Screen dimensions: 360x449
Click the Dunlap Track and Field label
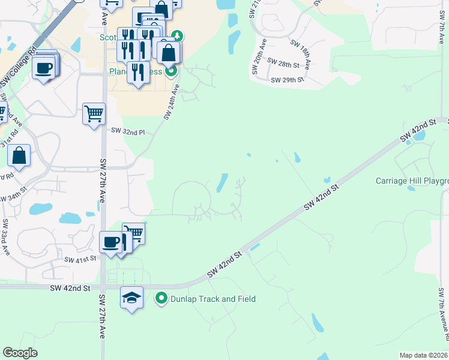tap(213, 299)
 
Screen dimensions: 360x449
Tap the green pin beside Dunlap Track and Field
tap(161, 298)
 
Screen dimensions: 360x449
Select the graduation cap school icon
tap(131, 297)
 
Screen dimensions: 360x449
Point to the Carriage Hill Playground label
tap(412, 181)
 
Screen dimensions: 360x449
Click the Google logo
tap(20, 353)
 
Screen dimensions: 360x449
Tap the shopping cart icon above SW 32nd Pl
tap(94, 113)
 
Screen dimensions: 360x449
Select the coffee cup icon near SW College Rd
tap(44, 67)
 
